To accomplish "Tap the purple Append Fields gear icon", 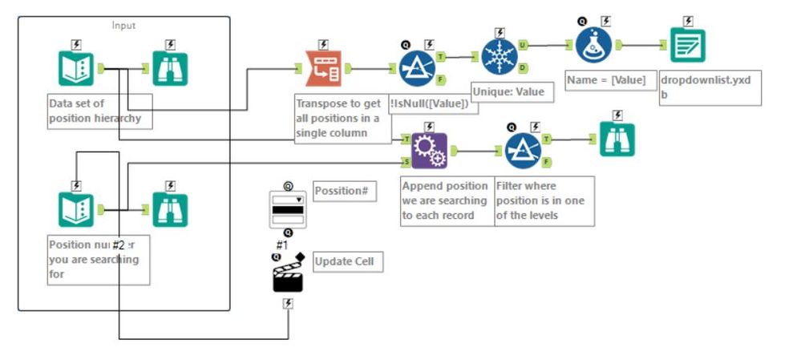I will click(429, 150).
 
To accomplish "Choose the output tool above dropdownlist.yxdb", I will click(688, 46).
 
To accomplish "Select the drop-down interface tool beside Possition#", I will click(287, 209).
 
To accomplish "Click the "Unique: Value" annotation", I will click(508, 92).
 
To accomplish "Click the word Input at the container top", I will click(124, 25).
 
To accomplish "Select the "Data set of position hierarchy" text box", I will click(98, 111).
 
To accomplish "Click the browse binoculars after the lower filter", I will click(617, 139).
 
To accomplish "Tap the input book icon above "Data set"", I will click(76, 69).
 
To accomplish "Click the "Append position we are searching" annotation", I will click(445, 200).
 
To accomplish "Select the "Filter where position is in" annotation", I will click(544, 200).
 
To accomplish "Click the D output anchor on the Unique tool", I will click(522, 68).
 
